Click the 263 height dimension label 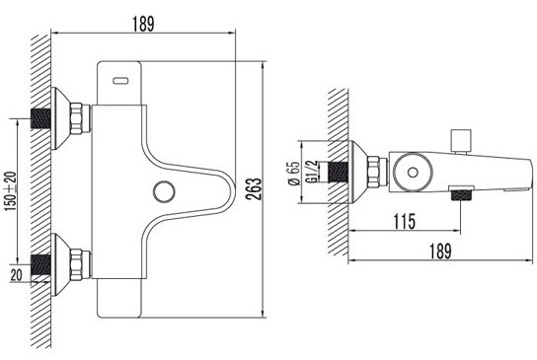coord(255,189)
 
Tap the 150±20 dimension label coord(10,191)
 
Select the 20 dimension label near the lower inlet coord(16,275)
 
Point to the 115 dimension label coord(405,221)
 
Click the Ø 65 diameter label coord(294,173)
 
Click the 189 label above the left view coord(143,24)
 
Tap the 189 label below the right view coord(440,251)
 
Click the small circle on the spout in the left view coord(164,191)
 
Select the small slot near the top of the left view coord(120,81)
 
